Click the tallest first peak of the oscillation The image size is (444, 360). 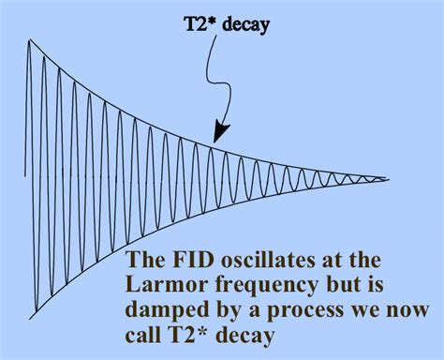pyautogui.click(x=30, y=41)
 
